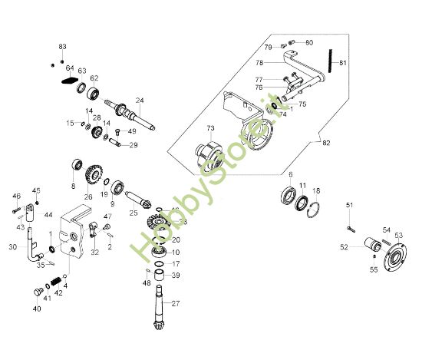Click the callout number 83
63,48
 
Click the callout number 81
343,63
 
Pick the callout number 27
175,302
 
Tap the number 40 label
36,309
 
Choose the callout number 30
12,246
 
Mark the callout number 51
349,205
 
